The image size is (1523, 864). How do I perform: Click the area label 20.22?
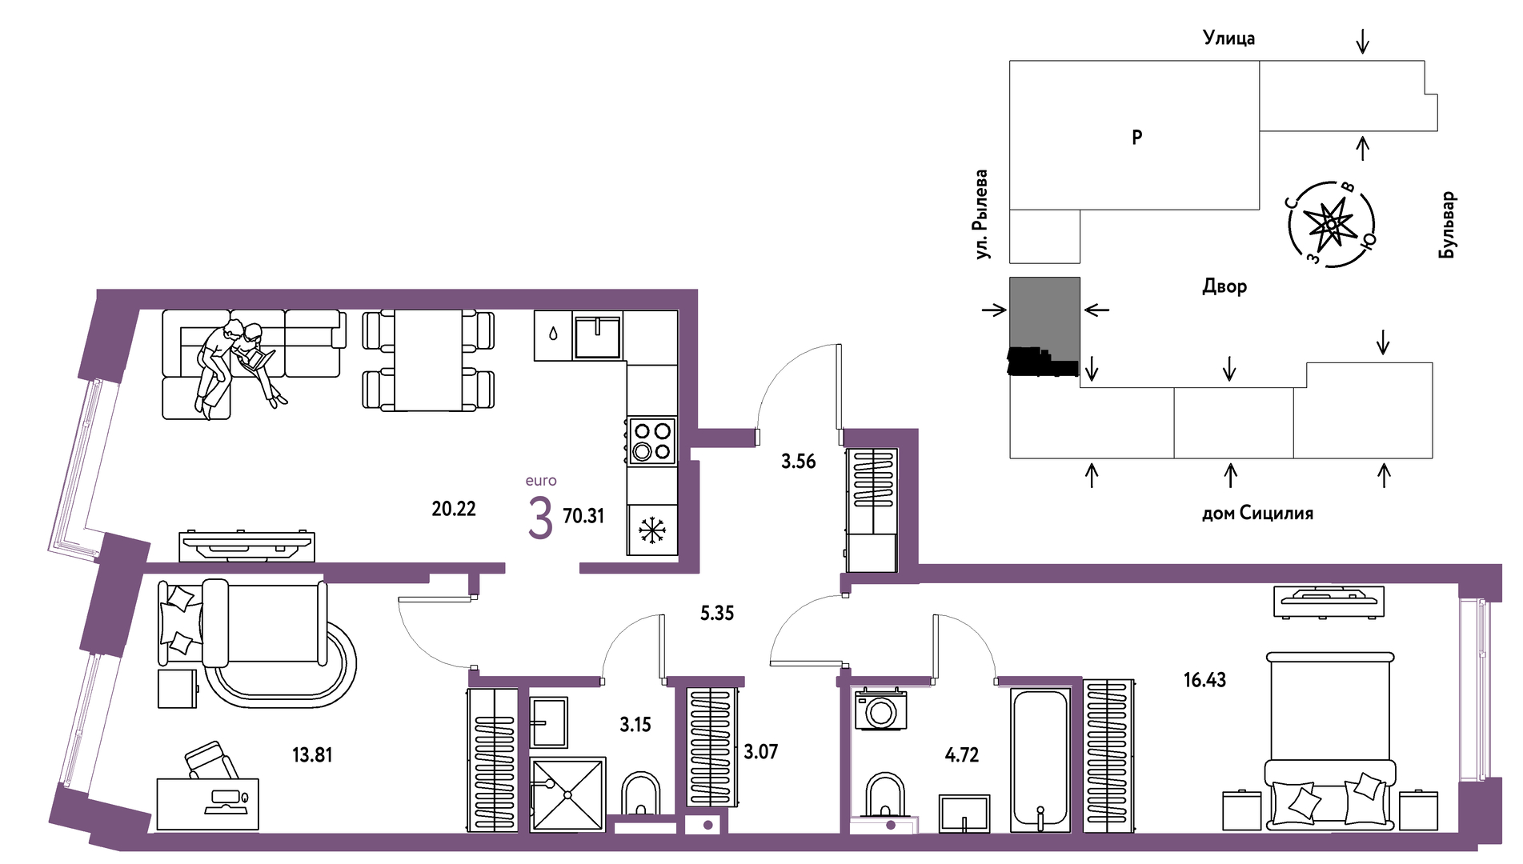(x=454, y=509)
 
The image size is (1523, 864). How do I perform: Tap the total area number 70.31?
(x=583, y=516)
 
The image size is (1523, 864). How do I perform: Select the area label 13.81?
(x=312, y=754)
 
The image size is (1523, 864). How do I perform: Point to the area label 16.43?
(x=1204, y=680)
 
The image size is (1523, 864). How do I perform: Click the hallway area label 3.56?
(x=798, y=462)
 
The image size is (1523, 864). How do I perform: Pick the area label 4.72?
(x=961, y=754)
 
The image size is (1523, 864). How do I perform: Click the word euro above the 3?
(x=541, y=481)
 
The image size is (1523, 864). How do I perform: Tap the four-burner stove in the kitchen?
(x=651, y=441)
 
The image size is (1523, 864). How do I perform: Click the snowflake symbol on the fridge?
(x=652, y=530)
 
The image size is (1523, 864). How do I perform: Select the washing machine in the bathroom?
(x=880, y=709)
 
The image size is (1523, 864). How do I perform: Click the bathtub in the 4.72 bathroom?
(x=1040, y=759)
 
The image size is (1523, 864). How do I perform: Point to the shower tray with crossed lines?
(x=567, y=794)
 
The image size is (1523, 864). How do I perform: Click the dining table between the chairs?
(x=428, y=360)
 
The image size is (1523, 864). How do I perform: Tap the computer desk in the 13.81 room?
(x=208, y=804)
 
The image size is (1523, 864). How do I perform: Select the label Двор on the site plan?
(x=1224, y=286)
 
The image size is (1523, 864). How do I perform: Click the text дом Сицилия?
(x=1257, y=513)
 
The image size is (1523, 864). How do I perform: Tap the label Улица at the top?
(x=1228, y=38)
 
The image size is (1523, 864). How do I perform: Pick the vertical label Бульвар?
(x=1447, y=225)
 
